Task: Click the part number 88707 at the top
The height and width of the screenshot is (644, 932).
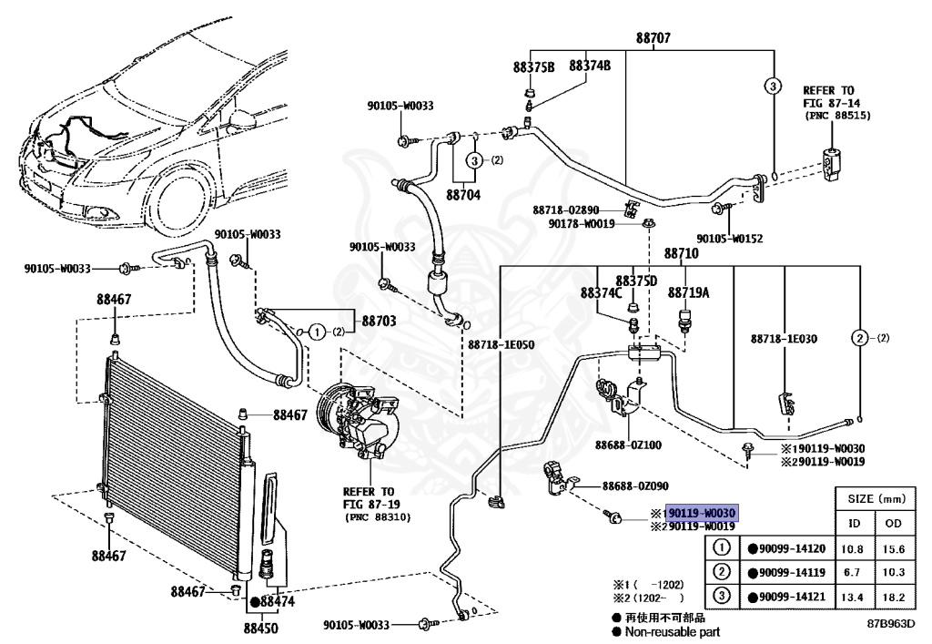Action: coord(653,38)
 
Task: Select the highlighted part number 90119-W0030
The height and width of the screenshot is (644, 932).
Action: coord(702,513)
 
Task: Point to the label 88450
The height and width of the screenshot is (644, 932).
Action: coord(260,628)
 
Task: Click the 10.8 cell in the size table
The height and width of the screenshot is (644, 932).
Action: coord(852,549)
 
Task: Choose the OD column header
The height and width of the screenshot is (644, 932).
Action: coord(894,523)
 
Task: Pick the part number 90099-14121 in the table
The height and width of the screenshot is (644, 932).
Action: coord(792,597)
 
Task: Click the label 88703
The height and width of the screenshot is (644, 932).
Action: coord(379,322)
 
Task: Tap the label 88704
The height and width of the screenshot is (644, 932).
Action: coord(463,195)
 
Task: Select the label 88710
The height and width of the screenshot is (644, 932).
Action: coord(681,254)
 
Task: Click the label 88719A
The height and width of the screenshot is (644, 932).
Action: coord(688,292)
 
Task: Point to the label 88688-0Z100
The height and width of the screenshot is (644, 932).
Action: coord(628,445)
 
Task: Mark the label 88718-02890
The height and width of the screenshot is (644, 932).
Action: coord(566,210)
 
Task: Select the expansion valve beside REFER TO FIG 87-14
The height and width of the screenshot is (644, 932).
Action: coord(832,164)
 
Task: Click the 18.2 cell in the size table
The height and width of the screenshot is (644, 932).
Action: coord(894,597)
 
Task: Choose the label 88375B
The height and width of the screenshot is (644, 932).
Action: coord(533,67)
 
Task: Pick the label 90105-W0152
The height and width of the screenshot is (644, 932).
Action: coord(729,239)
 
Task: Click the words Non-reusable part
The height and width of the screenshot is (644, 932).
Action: coord(673,632)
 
